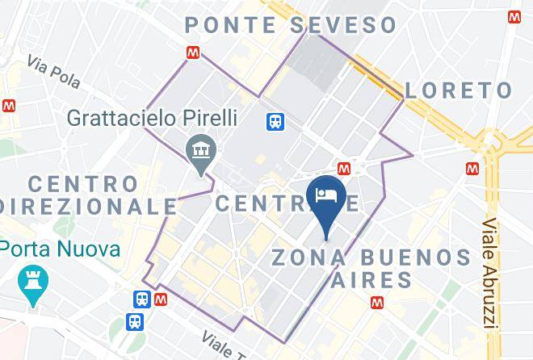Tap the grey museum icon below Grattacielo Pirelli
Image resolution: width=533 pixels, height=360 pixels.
point(198,149)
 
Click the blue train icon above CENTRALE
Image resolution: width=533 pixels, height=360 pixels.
point(275,121)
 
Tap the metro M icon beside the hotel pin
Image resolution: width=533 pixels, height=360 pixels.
point(344,168)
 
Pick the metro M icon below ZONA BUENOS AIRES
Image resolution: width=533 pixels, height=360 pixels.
point(376,303)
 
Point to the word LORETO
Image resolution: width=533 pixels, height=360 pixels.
point(458,90)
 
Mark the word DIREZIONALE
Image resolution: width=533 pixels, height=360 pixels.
point(89,207)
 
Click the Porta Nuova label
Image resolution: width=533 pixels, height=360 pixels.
point(61,249)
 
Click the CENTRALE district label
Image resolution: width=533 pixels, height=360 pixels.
point(287,203)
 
